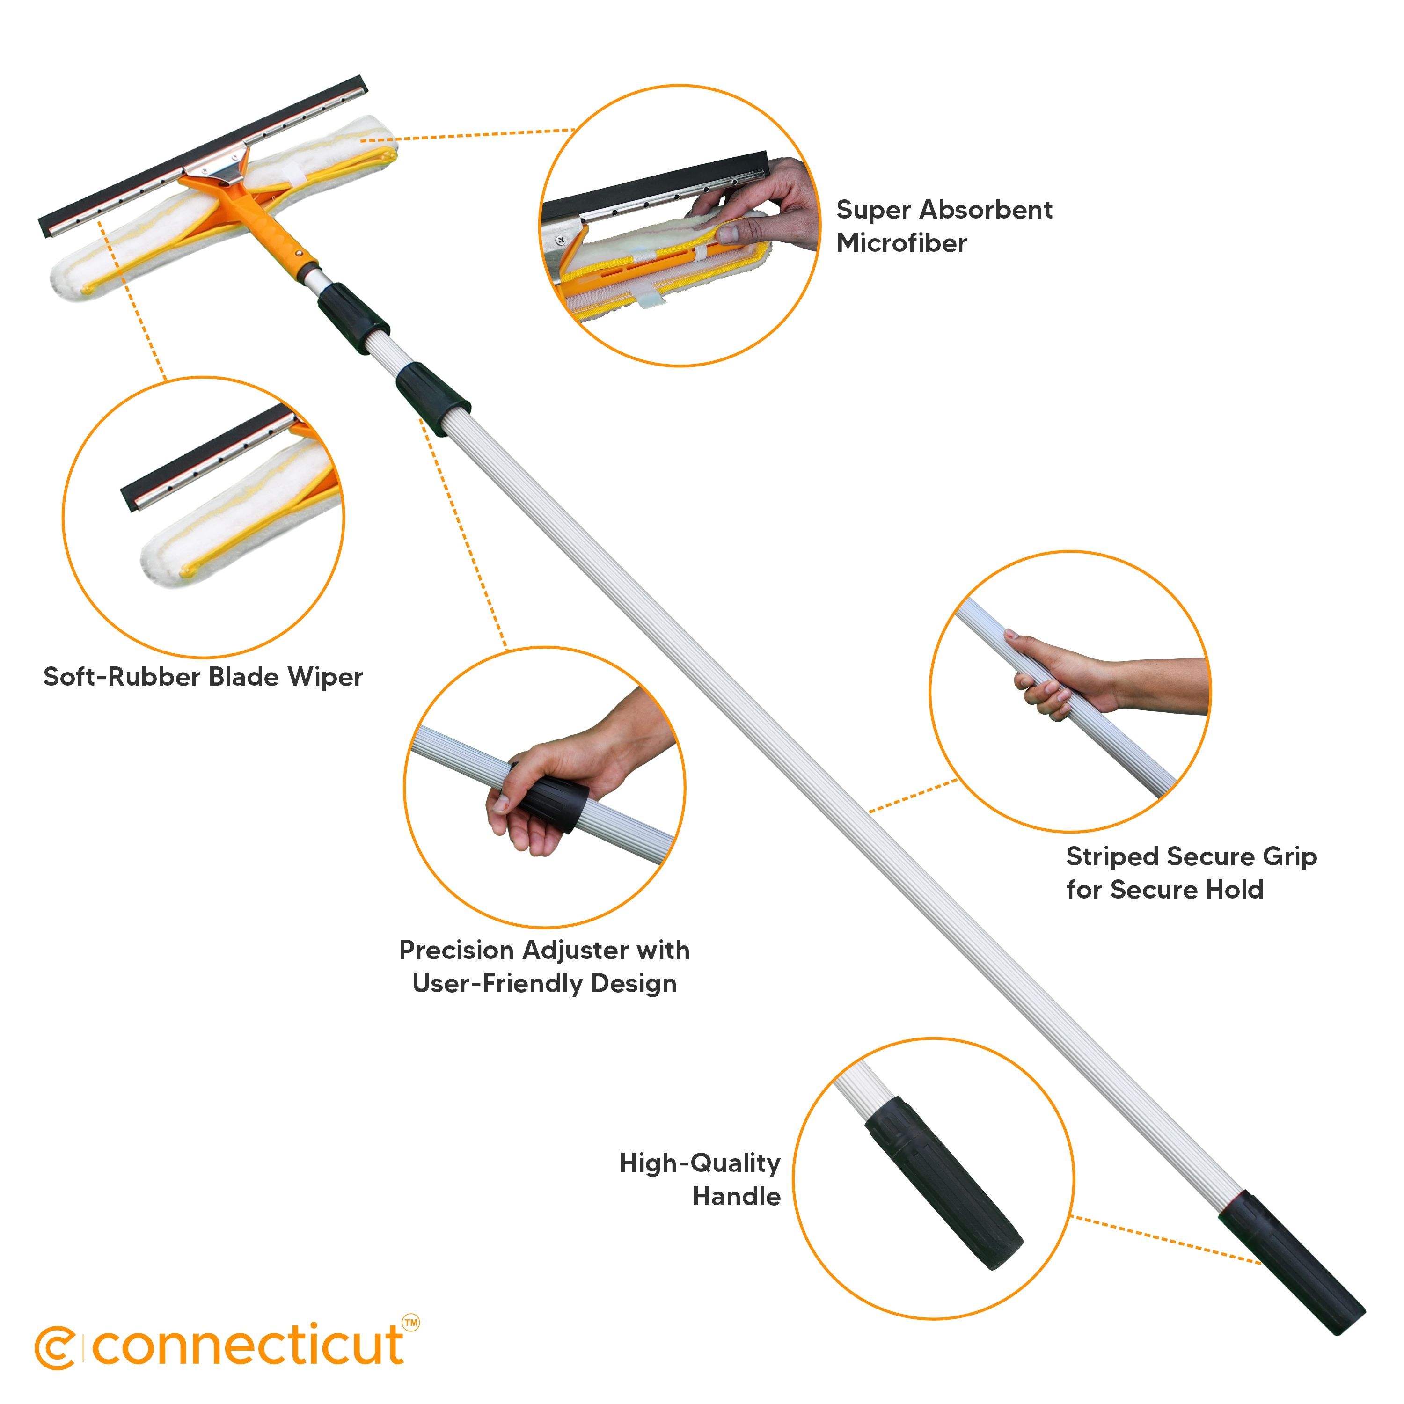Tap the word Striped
pyautogui.click(x=1112, y=857)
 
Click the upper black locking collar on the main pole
pyautogui.click(x=352, y=318)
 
